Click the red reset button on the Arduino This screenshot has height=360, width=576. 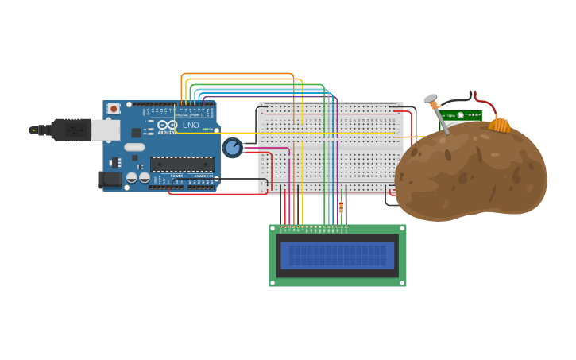[114, 108]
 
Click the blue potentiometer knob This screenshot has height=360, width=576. [231, 147]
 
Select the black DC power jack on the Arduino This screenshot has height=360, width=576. [110, 180]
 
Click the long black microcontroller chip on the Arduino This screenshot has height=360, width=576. [182, 165]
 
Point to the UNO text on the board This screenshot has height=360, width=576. [191, 126]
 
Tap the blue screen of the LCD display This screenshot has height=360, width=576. [337, 255]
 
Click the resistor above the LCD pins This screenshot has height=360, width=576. [342, 208]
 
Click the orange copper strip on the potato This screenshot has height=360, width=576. [500, 125]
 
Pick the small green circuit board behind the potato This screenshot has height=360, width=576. [461, 115]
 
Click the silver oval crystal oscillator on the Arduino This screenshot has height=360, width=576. [134, 147]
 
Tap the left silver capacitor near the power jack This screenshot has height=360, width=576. [132, 178]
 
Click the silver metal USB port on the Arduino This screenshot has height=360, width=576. [105, 130]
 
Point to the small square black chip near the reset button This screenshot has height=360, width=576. [136, 133]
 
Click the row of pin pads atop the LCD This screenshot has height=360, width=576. [313, 229]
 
